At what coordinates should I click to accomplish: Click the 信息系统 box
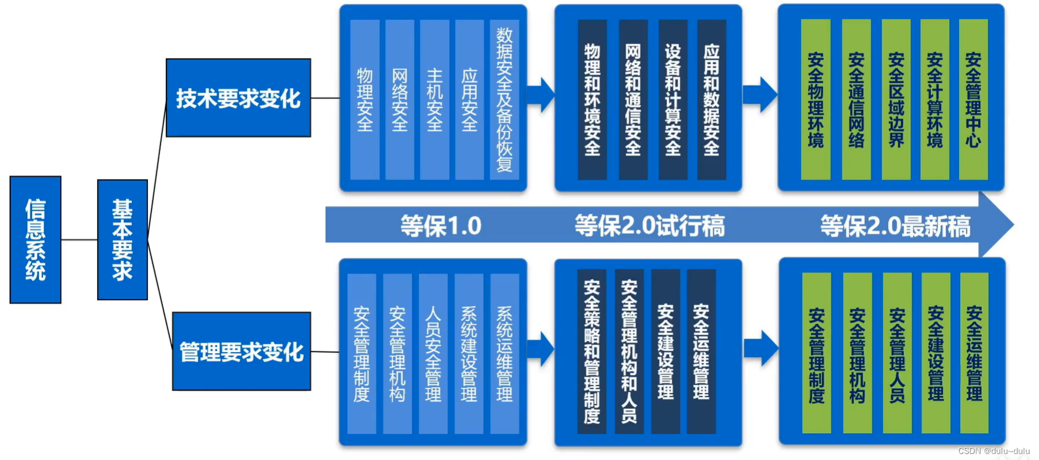[x=35, y=239]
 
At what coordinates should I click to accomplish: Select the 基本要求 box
[x=122, y=239]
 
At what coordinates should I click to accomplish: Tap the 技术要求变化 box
[x=238, y=98]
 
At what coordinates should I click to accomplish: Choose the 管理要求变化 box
[x=241, y=351]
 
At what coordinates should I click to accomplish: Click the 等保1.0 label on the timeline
[x=440, y=226]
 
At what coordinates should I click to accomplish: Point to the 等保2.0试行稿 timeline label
[x=649, y=226]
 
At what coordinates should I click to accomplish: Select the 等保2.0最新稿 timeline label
[x=895, y=226]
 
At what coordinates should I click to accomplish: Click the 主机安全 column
[x=434, y=100]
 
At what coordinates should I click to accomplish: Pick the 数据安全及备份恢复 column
[x=504, y=100]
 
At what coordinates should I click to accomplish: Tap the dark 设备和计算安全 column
[x=673, y=100]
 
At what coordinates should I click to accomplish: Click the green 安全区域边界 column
[x=896, y=100]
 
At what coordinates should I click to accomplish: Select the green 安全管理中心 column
[x=973, y=100]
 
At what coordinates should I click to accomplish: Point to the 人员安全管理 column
[x=433, y=353]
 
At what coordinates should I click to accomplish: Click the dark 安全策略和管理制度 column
[x=591, y=351]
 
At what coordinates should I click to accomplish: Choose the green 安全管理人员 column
[x=897, y=353]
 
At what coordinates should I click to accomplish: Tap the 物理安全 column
[x=365, y=100]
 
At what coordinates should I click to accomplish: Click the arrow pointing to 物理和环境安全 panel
[x=542, y=94]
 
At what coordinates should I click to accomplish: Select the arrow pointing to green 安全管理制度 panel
[x=761, y=348]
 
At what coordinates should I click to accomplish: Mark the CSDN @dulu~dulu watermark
[x=994, y=451]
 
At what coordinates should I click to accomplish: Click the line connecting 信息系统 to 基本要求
[x=79, y=239]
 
